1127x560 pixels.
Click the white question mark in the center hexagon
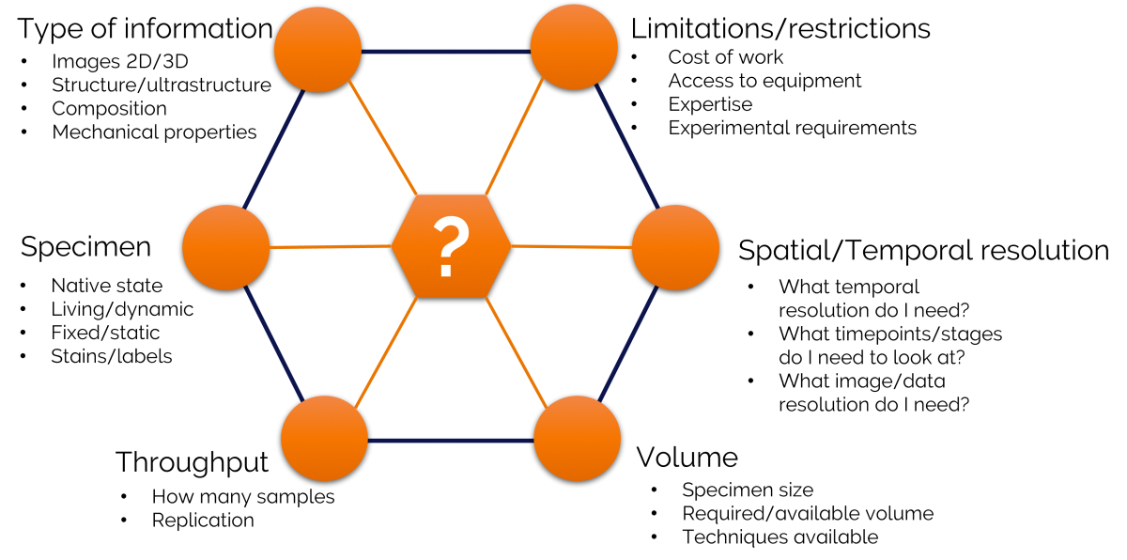pyautogui.click(x=451, y=246)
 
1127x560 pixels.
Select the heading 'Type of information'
pyautogui.click(x=145, y=29)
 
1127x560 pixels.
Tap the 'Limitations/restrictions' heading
pyautogui.click(x=780, y=29)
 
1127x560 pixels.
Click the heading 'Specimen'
pyautogui.click(x=85, y=247)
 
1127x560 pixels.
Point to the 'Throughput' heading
pyautogui.click(x=192, y=462)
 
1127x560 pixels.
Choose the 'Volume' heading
pyautogui.click(x=687, y=457)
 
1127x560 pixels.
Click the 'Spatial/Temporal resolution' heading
pyautogui.click(x=924, y=250)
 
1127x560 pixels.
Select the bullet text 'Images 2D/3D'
pyautogui.click(x=120, y=61)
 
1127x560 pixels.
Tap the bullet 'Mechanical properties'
pyautogui.click(x=154, y=132)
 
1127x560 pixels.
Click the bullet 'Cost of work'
pyautogui.click(x=725, y=57)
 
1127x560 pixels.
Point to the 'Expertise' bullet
pyautogui.click(x=710, y=104)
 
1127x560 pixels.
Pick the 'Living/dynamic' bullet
pyautogui.click(x=122, y=309)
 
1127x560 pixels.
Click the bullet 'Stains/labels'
pyautogui.click(x=111, y=357)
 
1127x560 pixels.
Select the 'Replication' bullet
pyautogui.click(x=203, y=521)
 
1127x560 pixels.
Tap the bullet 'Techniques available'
pyautogui.click(x=780, y=537)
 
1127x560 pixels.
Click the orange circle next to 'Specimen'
pyautogui.click(x=226, y=247)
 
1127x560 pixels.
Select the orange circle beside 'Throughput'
pyautogui.click(x=325, y=438)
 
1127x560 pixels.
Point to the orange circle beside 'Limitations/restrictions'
pyautogui.click(x=574, y=48)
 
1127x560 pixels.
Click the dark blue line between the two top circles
pyautogui.click(x=446, y=52)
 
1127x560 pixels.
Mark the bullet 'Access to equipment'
pyautogui.click(x=764, y=81)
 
